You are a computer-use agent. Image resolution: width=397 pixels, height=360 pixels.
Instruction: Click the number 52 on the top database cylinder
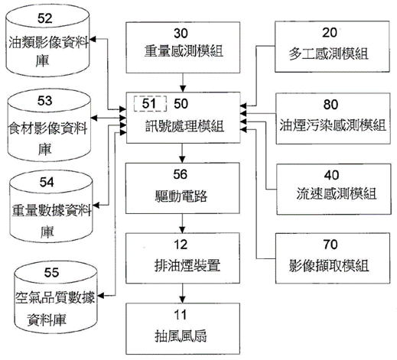(45, 18)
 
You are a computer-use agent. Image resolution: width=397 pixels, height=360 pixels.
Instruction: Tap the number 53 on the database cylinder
(45, 101)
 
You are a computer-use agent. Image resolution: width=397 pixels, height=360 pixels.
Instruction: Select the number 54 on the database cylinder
(47, 182)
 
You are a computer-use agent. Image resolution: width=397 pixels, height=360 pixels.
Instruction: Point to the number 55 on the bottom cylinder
(51, 272)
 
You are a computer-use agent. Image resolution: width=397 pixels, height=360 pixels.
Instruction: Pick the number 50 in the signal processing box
(181, 104)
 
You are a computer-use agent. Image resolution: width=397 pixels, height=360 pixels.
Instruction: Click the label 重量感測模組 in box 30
(184, 51)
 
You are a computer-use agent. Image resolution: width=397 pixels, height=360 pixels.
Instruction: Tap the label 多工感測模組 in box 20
(329, 54)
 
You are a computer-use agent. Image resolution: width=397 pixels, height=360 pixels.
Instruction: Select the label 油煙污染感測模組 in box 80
(333, 125)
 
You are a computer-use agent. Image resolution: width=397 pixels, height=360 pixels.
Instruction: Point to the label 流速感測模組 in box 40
(337, 193)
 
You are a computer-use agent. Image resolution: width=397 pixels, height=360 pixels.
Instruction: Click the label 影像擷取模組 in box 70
(329, 265)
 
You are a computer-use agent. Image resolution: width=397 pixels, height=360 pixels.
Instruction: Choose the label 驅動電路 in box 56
(181, 196)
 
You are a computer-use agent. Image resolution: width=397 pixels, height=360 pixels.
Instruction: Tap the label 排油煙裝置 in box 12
(187, 265)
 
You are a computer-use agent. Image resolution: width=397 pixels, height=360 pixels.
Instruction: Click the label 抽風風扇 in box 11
(181, 336)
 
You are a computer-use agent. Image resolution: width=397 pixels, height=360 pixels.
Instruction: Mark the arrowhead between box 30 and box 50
(183, 89)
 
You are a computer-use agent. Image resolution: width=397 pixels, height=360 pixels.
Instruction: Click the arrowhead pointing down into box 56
(182, 159)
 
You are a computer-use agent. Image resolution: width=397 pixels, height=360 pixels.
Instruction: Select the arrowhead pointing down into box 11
(182, 300)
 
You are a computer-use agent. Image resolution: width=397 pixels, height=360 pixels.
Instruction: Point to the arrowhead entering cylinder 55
(101, 296)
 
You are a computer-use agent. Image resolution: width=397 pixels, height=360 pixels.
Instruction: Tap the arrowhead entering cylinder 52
(93, 39)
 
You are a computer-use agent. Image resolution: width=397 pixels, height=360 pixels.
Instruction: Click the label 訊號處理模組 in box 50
(184, 126)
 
